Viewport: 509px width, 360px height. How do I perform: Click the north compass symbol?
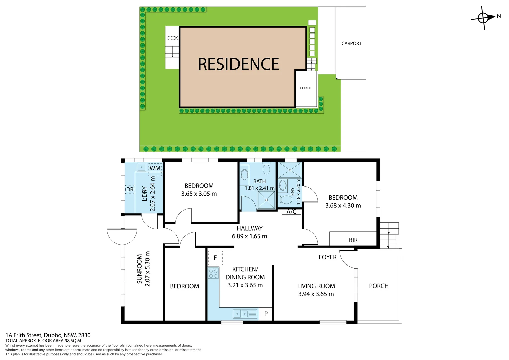click(483, 18)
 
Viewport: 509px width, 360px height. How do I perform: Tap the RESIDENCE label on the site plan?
click(239, 64)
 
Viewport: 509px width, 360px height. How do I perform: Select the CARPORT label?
click(351, 43)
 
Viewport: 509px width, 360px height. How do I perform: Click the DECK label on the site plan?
click(172, 38)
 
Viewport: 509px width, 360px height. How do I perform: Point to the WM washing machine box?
click(155, 168)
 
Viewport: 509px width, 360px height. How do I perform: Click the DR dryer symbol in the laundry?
click(130, 189)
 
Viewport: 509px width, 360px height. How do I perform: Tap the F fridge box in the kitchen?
click(215, 258)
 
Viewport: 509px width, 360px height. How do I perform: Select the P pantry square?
click(265, 314)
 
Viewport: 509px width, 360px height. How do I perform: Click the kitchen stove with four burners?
click(213, 273)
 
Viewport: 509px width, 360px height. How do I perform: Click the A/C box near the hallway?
click(292, 212)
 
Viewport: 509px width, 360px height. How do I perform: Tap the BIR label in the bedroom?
click(353, 240)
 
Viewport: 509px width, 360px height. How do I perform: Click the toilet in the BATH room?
click(266, 168)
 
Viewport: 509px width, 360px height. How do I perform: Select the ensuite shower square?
click(290, 170)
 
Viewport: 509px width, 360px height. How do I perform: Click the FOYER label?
click(327, 257)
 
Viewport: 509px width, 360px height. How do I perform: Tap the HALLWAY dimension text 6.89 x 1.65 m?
click(249, 236)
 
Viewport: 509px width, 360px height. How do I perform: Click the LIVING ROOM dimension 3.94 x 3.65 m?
click(316, 294)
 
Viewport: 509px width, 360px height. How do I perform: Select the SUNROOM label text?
click(139, 269)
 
